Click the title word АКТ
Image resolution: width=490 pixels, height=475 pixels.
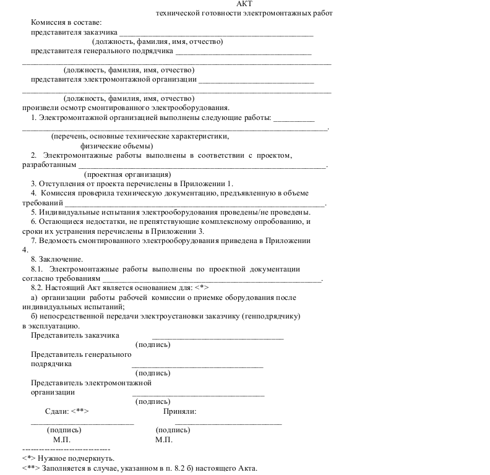pyautogui.click(x=244, y=4)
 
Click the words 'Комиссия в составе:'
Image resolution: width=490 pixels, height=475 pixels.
pyautogui.click(x=66, y=22)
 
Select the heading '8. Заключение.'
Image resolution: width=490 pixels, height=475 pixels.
pyautogui.click(x=57, y=259)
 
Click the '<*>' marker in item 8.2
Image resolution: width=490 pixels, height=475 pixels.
pyautogui.click(x=202, y=288)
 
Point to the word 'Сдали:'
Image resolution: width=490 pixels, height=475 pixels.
pyautogui.click(x=58, y=411)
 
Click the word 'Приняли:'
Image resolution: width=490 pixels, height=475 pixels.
pyautogui.click(x=180, y=411)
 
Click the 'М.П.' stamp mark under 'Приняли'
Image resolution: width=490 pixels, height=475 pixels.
pyautogui.click(x=164, y=440)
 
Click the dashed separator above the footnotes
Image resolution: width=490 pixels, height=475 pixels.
pyautogui.click(x=66, y=448)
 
